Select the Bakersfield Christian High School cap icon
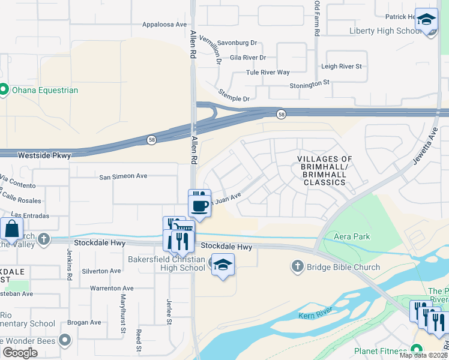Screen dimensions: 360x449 pos(223,265)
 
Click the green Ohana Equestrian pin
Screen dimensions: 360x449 pos(3,90)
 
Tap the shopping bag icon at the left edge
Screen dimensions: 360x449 pos(11,229)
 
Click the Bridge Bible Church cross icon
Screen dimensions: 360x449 pos(297,266)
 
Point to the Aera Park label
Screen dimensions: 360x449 pos(352,236)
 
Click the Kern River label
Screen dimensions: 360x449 pos(315,313)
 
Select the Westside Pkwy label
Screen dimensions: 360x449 pos(44,155)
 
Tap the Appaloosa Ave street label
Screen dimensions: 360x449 pos(164,25)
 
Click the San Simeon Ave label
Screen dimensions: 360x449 pos(123,176)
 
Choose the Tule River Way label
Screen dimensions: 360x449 pos(268,72)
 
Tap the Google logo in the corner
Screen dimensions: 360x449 pos(20,353)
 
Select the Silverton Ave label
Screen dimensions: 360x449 pos(101,271)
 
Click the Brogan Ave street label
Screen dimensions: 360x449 pos(84,322)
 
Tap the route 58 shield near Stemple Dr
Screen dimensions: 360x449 pos(280,114)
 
